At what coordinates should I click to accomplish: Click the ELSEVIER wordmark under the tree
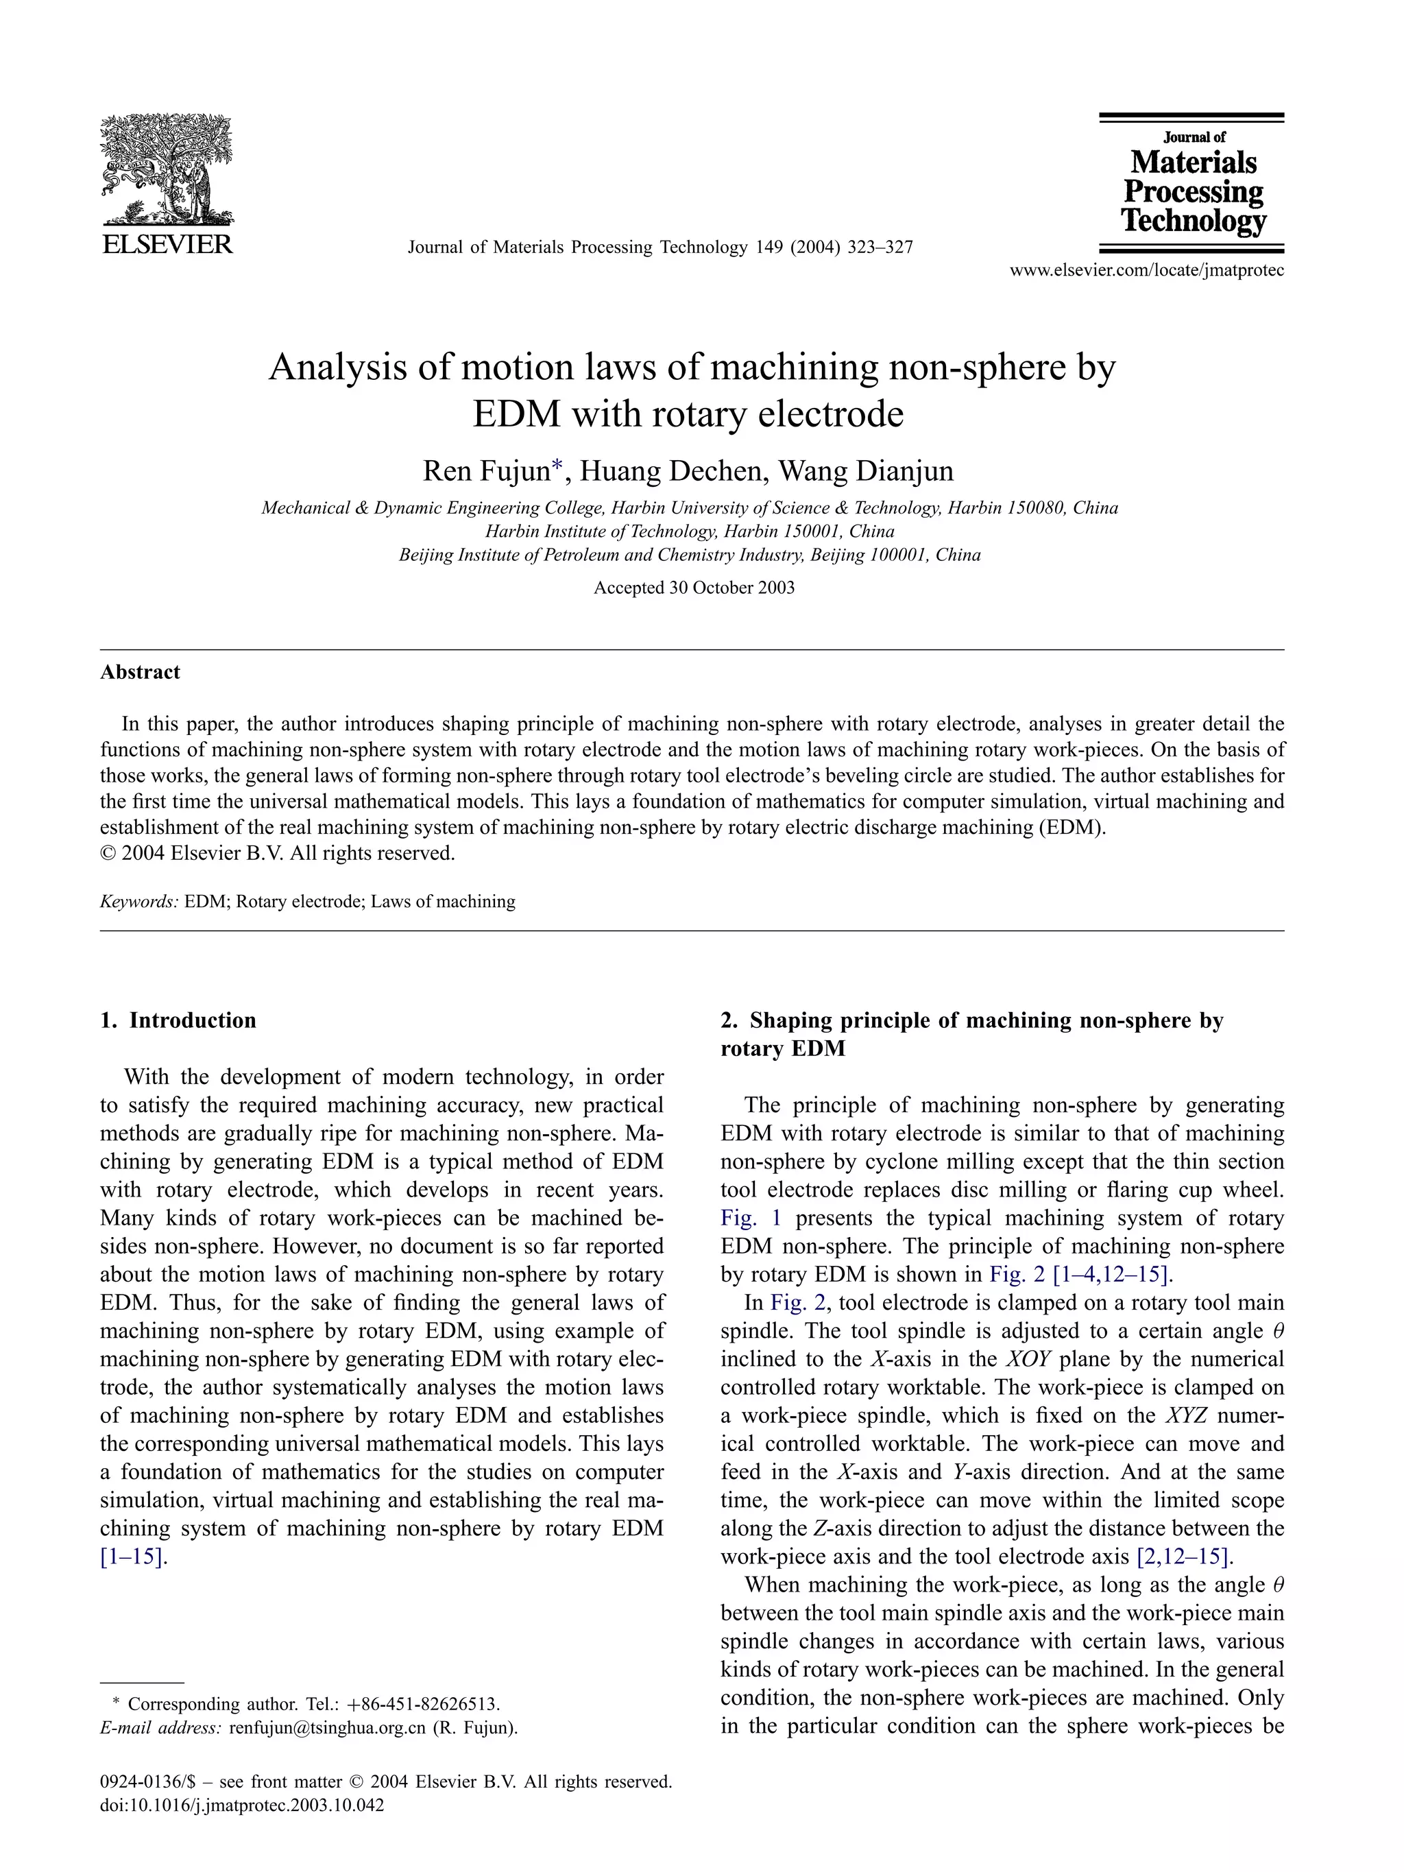pyautogui.click(x=167, y=245)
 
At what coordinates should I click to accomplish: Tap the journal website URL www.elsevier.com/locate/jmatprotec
pyautogui.click(x=1147, y=271)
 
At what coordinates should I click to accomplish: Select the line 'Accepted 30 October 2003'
pyautogui.click(x=694, y=588)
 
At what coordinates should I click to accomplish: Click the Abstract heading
pyautogui.click(x=140, y=672)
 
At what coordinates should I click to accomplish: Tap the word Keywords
pyautogui.click(x=138, y=901)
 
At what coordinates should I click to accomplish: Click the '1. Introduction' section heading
pyautogui.click(x=178, y=1020)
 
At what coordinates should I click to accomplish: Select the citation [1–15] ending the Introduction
pyautogui.click(x=134, y=1557)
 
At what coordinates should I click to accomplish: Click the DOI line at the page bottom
pyautogui.click(x=242, y=1805)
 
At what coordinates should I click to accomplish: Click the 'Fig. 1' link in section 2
pyautogui.click(x=751, y=1218)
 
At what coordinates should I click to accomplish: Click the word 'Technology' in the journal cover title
pyautogui.click(x=1194, y=221)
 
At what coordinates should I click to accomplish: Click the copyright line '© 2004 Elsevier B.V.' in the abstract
pyautogui.click(x=278, y=853)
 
